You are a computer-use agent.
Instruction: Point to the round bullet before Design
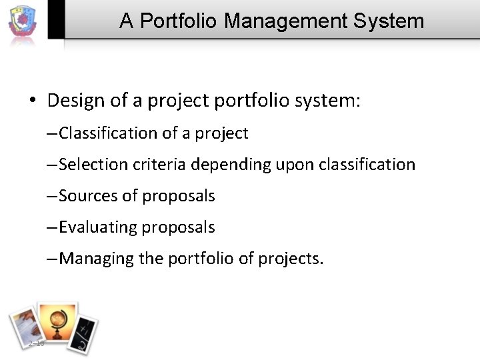pyautogui.click(x=32, y=101)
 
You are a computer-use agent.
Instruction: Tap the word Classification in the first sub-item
pyautogui.click(x=107, y=133)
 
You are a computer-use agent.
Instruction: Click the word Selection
pyautogui.click(x=89, y=164)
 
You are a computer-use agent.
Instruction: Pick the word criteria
pyautogui.click(x=151, y=164)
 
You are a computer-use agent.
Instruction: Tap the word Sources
pyautogui.click(x=85, y=196)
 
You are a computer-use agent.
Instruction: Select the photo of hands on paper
pyautogui.click(x=25, y=328)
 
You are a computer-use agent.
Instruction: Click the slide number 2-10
pyautogui.click(x=36, y=343)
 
